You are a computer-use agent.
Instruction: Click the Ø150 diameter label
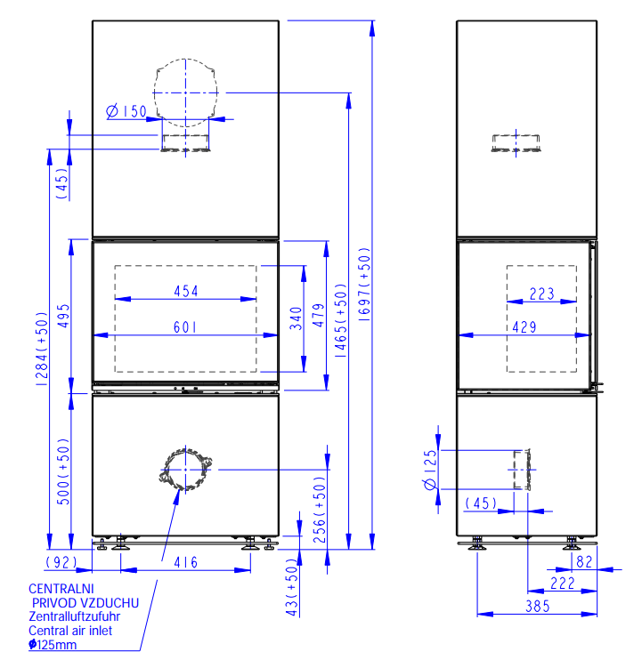tap(126, 111)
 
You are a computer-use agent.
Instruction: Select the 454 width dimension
tap(186, 292)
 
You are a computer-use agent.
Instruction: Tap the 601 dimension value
tap(185, 327)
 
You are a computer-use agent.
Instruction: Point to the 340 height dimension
tap(296, 318)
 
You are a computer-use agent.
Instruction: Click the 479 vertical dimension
tap(319, 315)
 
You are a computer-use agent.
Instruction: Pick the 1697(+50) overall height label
tap(365, 284)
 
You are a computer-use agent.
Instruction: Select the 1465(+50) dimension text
tap(341, 320)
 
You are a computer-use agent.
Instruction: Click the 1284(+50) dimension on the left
tap(42, 349)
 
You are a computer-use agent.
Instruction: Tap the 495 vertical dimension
tap(63, 316)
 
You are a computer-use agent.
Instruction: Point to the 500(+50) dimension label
tap(63, 471)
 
